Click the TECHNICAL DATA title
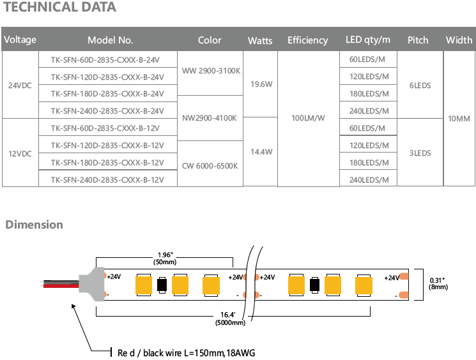click(61, 8)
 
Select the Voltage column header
click(20, 40)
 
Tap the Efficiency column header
click(307, 40)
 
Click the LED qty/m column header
click(368, 40)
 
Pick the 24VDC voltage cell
click(19, 85)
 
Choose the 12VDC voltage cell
click(19, 153)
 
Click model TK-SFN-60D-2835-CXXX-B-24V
click(108, 59)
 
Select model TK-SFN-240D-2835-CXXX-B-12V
click(108, 180)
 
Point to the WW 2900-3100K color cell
click(210, 71)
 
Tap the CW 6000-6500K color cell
click(210, 165)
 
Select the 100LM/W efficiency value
click(308, 118)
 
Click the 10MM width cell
click(459, 119)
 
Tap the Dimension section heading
click(35, 225)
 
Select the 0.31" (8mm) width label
click(438, 283)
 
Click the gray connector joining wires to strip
click(91, 281)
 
